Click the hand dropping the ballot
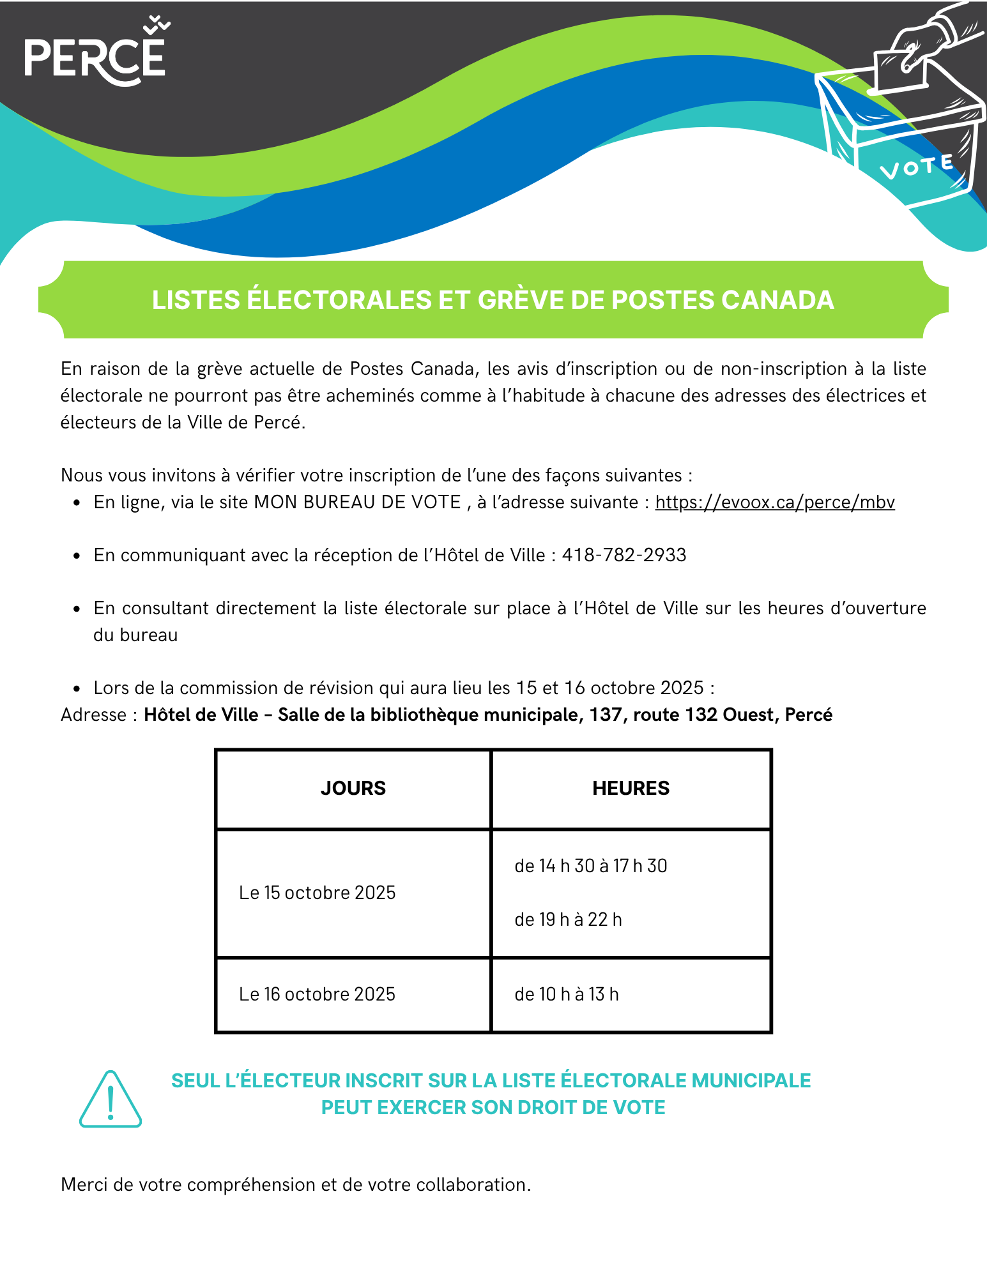(926, 38)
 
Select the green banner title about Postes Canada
(493, 300)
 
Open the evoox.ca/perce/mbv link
(775, 502)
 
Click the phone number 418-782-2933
(624, 555)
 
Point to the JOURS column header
(353, 789)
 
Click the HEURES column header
(631, 789)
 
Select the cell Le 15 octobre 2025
(318, 893)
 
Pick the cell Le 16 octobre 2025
(318, 994)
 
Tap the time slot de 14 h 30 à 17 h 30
(591, 866)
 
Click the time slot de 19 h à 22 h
(568, 919)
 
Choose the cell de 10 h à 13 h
(567, 994)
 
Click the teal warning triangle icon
(111, 1099)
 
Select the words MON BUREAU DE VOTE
(358, 502)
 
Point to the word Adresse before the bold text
(94, 715)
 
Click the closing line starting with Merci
(296, 1185)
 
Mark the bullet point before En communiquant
(77, 556)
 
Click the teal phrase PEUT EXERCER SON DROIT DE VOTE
(493, 1108)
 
